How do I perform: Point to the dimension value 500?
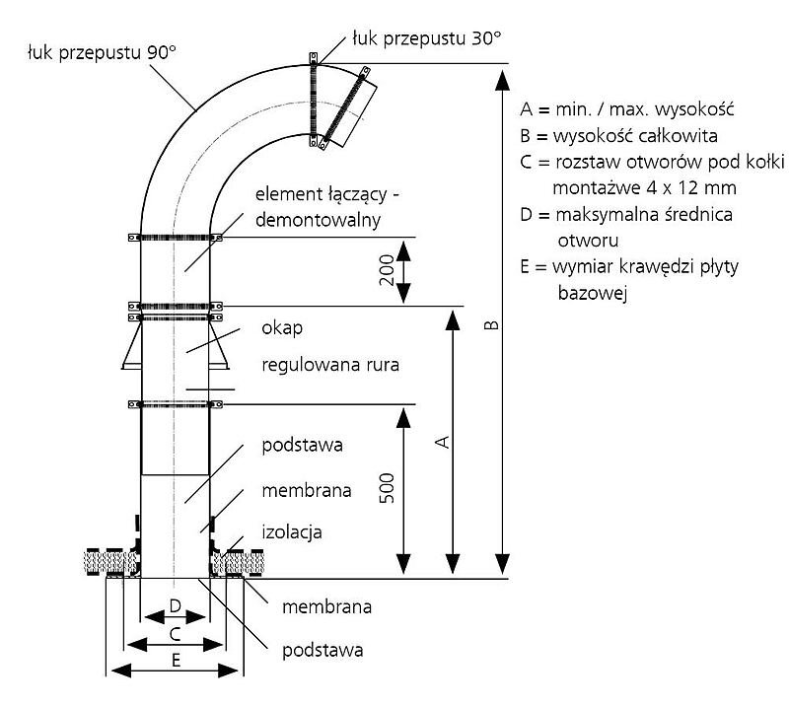(387, 490)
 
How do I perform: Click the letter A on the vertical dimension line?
(443, 443)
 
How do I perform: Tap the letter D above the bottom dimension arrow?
(174, 603)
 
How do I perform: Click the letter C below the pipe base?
(174, 631)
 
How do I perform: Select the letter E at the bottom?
(175, 660)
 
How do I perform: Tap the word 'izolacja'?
(292, 531)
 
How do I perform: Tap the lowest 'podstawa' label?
(323, 650)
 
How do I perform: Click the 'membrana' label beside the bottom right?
(326, 606)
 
